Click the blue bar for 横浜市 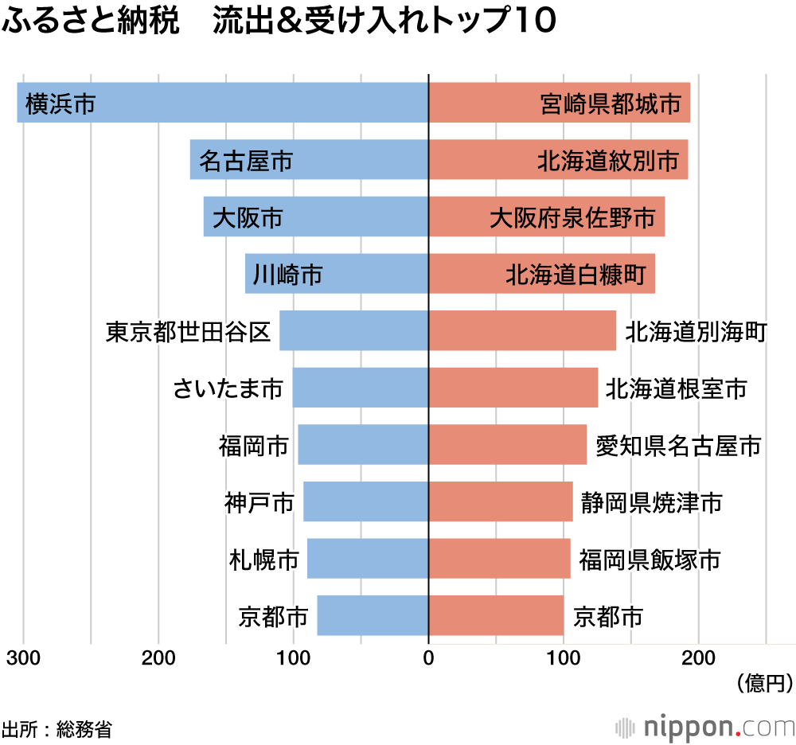click(223, 103)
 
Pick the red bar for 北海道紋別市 click(557, 160)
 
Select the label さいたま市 click(228, 389)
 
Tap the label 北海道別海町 click(696, 332)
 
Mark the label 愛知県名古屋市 click(678, 446)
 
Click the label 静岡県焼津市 click(651, 503)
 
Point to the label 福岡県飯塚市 click(650, 560)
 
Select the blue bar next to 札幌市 click(368, 560)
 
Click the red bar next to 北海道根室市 click(513, 388)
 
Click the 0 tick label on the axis click(428, 658)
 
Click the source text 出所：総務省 click(57, 728)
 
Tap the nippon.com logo click(705, 727)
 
